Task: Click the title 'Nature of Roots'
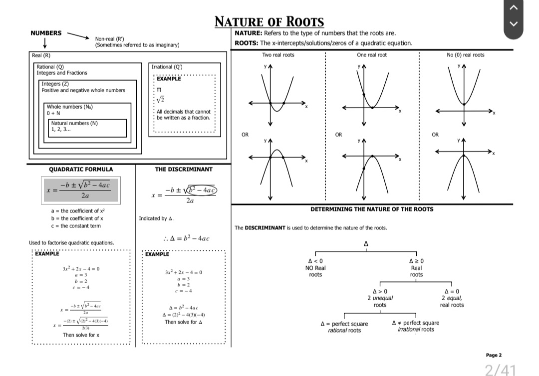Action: [269, 22]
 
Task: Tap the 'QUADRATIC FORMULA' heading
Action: [80, 169]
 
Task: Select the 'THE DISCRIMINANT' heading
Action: [184, 169]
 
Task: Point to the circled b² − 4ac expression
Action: [199, 190]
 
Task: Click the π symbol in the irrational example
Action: [159, 89]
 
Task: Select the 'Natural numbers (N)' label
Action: [74, 123]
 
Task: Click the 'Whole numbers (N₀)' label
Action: [70, 107]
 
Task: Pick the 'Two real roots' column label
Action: [278, 55]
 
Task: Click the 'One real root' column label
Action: [372, 55]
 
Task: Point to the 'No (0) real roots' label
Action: [465, 55]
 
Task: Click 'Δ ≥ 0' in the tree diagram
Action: [416, 261]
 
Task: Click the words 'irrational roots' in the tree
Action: [416, 330]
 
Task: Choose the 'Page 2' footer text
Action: [494, 355]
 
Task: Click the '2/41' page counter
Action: [500, 370]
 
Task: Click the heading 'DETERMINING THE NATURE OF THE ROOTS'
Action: [372, 209]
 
